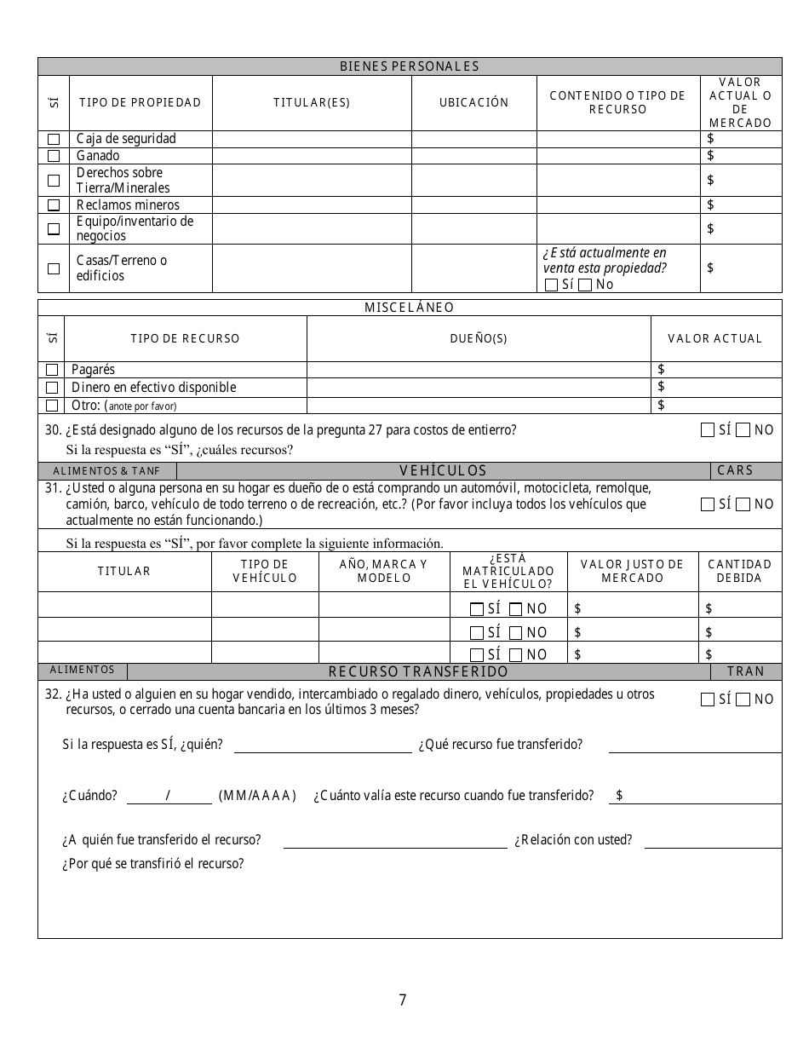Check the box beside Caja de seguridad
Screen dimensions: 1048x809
point(54,139)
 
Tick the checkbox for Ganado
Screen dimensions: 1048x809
point(54,156)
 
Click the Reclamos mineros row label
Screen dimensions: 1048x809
point(128,204)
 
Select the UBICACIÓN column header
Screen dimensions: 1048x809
point(473,102)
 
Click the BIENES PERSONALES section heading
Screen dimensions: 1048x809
point(410,66)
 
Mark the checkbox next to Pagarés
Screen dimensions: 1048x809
point(52,370)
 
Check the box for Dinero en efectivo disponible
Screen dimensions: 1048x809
point(52,388)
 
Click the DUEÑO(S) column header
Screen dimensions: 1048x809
point(479,338)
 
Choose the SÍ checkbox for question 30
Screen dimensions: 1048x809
point(708,430)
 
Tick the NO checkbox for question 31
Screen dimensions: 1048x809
point(743,504)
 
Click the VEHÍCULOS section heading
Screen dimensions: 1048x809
point(443,470)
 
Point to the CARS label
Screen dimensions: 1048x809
point(735,470)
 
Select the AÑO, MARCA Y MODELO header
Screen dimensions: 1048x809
point(383,571)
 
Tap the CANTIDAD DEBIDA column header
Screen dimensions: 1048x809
point(739,571)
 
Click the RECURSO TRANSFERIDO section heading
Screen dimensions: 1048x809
point(418,671)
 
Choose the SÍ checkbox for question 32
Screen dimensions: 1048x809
point(708,700)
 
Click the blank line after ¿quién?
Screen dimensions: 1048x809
point(323,747)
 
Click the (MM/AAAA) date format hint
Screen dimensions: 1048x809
point(257,796)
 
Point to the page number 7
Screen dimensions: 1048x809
point(403,1000)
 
